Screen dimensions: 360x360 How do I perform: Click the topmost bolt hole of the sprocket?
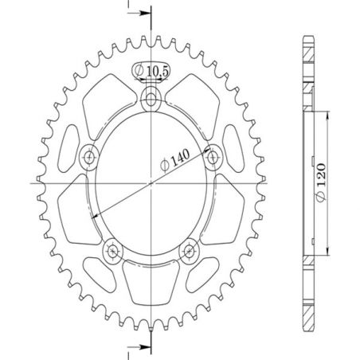(151, 99)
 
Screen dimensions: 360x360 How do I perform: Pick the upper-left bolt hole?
(88, 155)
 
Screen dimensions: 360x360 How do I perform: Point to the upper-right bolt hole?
(213, 158)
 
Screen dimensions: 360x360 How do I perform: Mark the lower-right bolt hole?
(189, 252)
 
